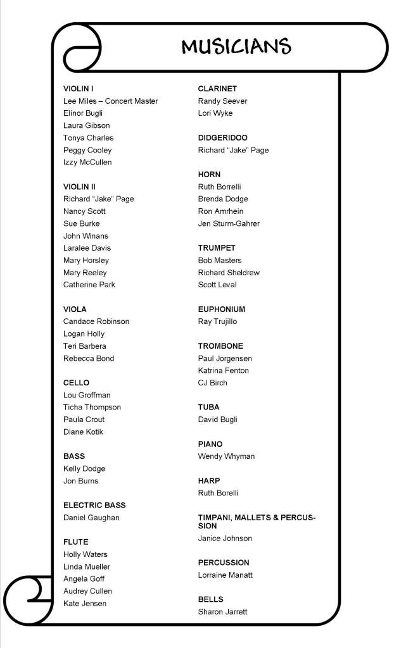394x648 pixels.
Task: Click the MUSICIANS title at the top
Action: point(236,47)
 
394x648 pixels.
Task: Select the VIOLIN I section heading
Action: point(79,89)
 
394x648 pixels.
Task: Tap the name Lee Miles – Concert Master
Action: point(110,101)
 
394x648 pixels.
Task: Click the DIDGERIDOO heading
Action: point(222,138)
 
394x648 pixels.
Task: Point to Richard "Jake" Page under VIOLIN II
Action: point(98,199)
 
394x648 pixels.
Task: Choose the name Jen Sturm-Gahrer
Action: point(229,223)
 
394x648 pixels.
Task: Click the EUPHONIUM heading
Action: point(221,309)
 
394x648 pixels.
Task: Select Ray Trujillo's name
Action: point(217,321)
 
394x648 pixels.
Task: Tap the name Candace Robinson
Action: point(96,321)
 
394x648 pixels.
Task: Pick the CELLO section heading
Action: point(76,383)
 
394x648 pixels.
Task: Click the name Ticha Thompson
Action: point(92,408)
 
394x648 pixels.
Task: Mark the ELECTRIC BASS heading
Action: point(94,505)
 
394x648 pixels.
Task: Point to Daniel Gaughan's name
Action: point(91,518)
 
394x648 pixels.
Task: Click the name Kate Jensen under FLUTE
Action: point(85,604)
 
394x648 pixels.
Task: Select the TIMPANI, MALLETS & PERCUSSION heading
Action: point(257,521)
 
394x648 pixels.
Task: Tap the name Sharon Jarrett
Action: point(222,612)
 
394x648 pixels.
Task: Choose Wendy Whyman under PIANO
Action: point(226,456)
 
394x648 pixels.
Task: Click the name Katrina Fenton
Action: point(223,371)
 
